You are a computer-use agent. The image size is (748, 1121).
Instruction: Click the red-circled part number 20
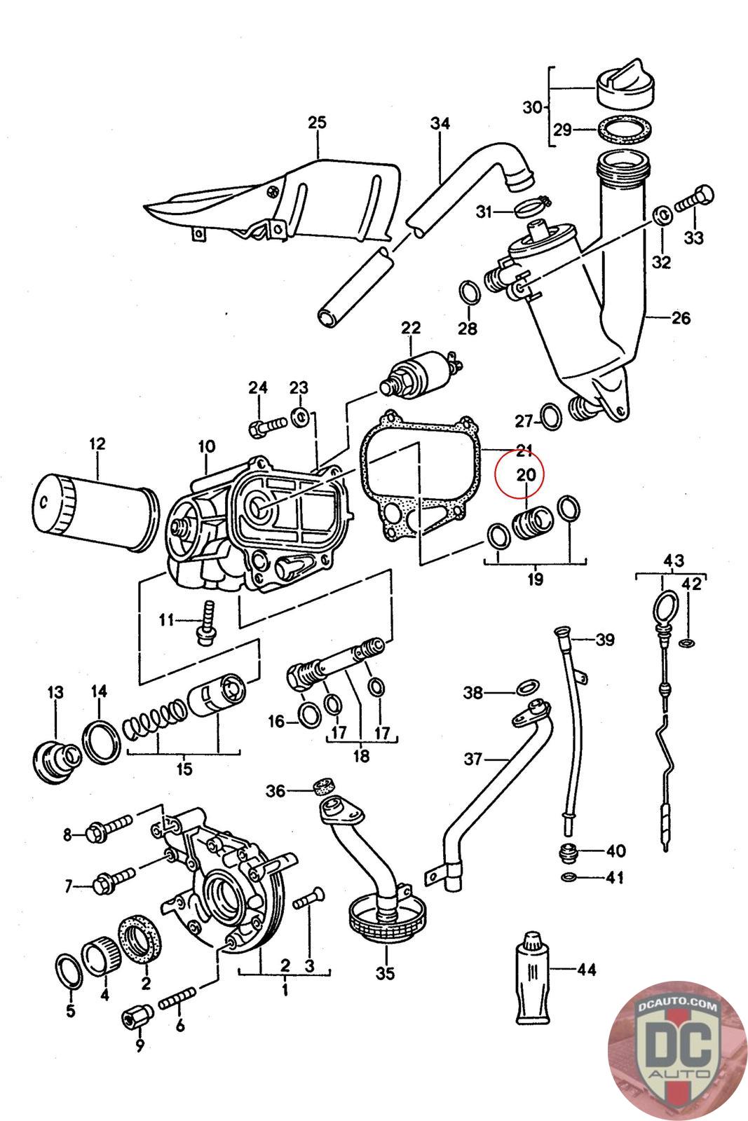tap(526, 475)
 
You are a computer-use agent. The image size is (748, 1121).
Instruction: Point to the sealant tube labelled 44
tap(533, 977)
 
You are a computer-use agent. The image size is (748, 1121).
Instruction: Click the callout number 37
tap(473, 758)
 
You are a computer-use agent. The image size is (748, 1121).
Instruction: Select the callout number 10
tap(206, 446)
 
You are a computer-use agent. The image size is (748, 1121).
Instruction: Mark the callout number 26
tap(681, 318)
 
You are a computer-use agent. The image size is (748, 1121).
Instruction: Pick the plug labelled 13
tap(55, 759)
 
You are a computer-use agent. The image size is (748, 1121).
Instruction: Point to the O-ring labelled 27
tap(552, 418)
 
